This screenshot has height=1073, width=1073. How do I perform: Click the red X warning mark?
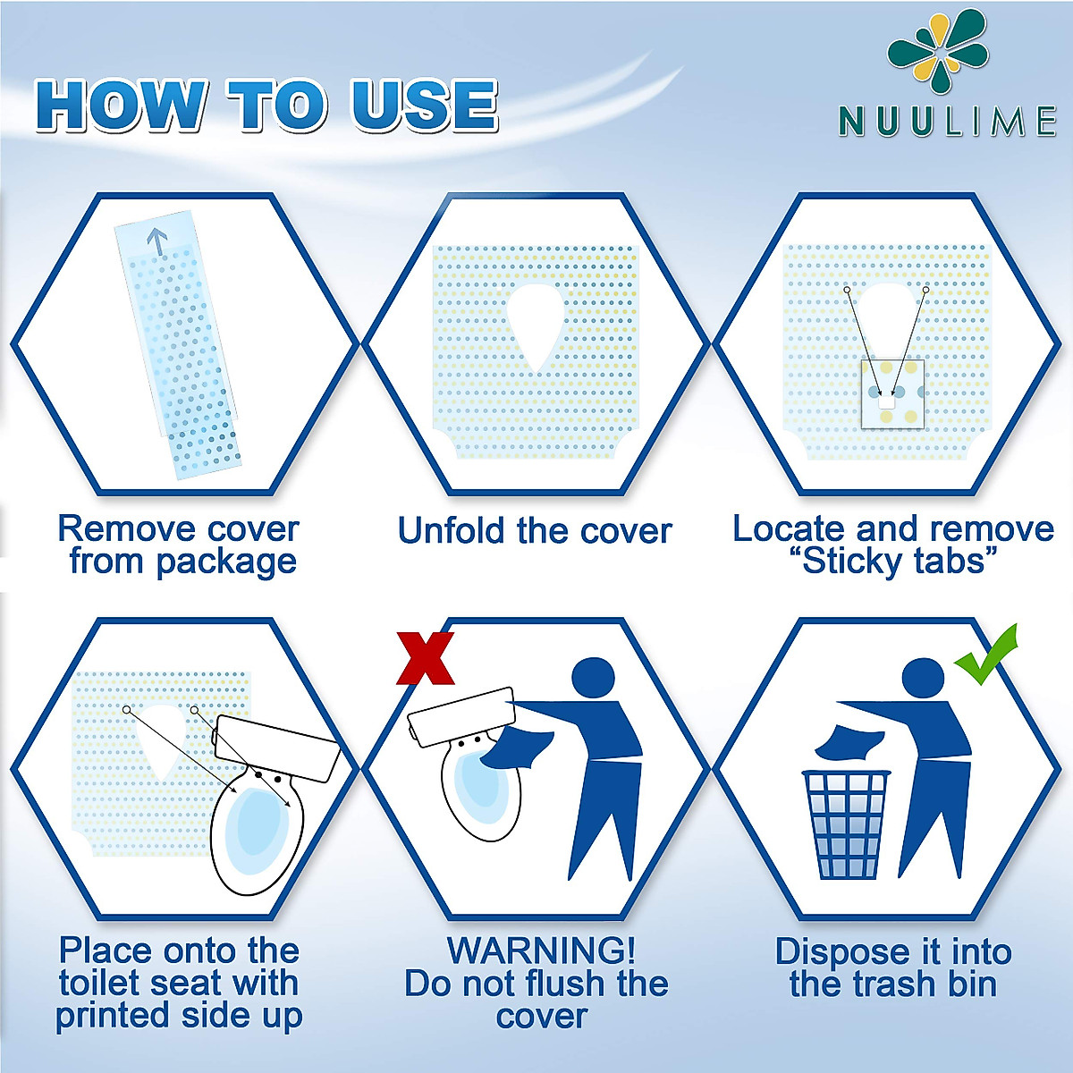pos(426,659)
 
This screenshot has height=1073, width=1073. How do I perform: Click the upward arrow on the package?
pos(157,240)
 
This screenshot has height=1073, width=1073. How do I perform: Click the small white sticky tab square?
pos(886,402)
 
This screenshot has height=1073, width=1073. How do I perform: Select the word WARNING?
pos(541,950)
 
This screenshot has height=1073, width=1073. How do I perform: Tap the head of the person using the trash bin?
pos(924,681)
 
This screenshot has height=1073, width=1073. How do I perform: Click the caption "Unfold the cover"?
pos(535,530)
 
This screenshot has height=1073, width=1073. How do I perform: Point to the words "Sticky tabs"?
pos(894,562)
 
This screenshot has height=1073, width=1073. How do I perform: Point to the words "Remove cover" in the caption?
pos(178,528)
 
